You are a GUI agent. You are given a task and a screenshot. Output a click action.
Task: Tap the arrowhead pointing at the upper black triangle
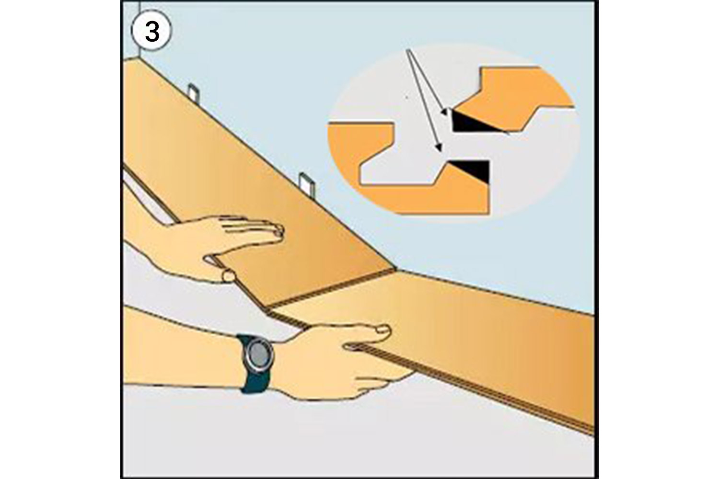(x=444, y=113)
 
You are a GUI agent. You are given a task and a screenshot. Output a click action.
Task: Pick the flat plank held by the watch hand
(x=479, y=335)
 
